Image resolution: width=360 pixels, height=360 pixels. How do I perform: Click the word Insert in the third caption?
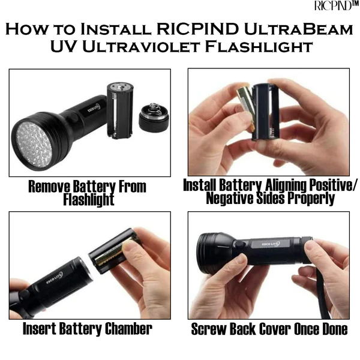coord(41,329)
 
